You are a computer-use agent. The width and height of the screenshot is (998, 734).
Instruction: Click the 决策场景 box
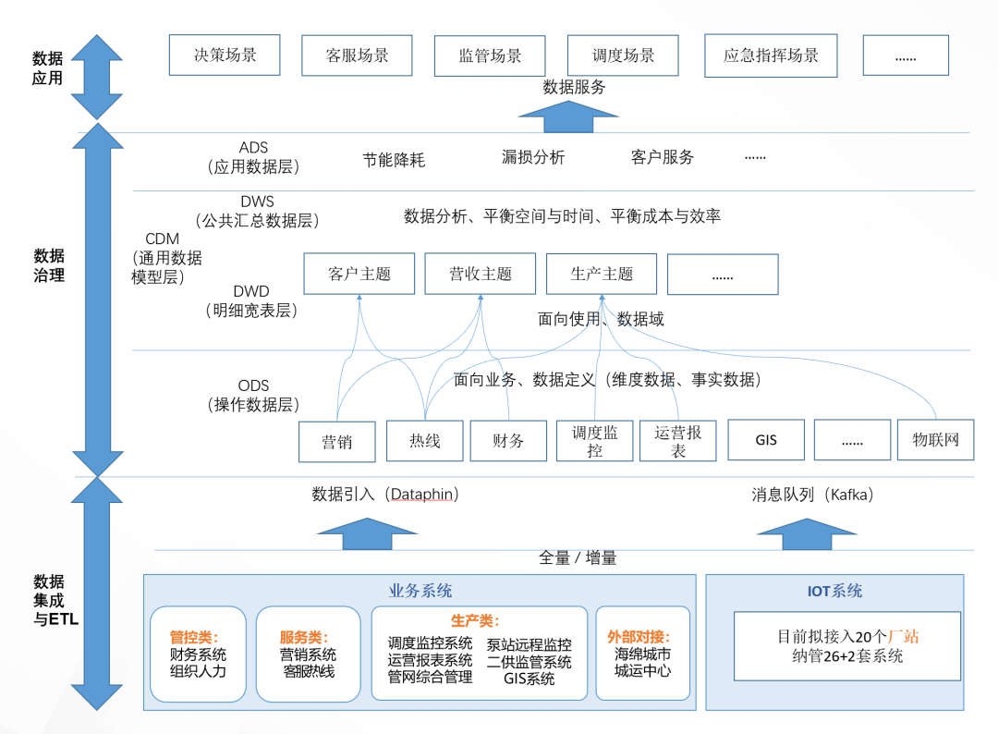click(225, 55)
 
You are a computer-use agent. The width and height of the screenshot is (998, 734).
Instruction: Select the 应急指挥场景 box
click(771, 55)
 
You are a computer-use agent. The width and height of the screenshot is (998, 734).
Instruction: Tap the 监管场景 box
click(490, 56)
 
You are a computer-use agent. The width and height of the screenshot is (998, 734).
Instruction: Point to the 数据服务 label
click(574, 88)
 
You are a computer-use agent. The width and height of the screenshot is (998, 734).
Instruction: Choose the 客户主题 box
click(359, 274)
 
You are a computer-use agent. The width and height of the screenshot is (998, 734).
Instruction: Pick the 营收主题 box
click(481, 274)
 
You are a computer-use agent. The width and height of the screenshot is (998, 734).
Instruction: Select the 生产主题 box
click(602, 274)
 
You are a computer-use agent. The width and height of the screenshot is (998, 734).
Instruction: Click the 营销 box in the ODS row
click(337, 442)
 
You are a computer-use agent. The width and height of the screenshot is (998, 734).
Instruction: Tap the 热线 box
click(425, 441)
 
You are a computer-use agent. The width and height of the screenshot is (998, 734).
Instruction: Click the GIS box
click(766, 440)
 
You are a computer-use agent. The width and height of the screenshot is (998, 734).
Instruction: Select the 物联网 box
click(935, 440)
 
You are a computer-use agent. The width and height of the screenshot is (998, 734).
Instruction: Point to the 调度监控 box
click(594, 441)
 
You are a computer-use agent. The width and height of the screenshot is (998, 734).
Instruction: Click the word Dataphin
click(422, 495)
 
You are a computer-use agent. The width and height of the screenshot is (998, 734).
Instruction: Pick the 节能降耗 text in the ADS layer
click(394, 160)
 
